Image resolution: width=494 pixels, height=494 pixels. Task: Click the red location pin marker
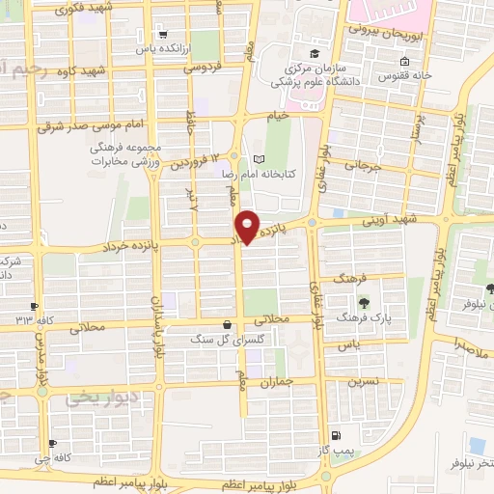[x=248, y=227]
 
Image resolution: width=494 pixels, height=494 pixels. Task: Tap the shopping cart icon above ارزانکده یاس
[x=162, y=31]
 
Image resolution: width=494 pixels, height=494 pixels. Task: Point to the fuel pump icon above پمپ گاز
[x=334, y=436]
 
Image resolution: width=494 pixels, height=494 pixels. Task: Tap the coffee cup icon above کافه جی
[x=52, y=445]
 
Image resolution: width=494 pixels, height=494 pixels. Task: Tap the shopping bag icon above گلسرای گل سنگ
[x=226, y=325]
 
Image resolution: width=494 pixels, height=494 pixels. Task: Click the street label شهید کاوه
[x=106, y=71]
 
